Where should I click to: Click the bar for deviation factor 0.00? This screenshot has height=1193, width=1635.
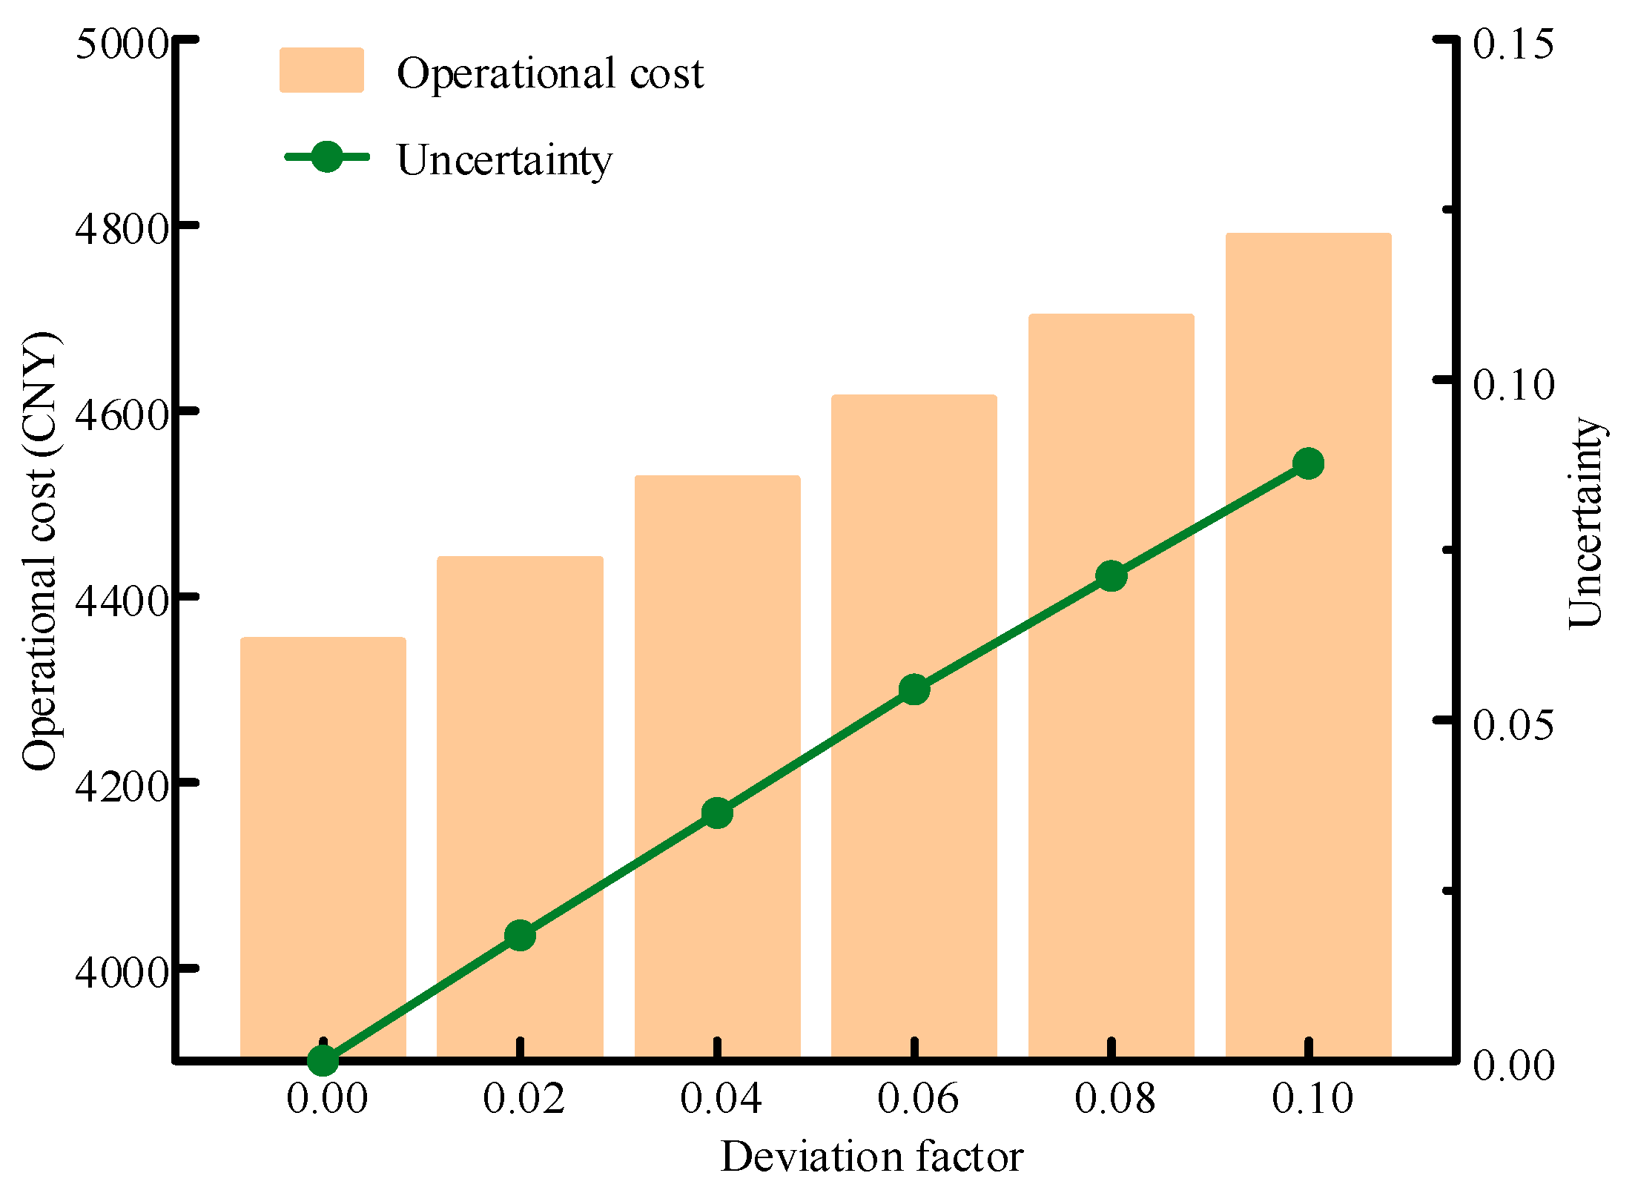323,845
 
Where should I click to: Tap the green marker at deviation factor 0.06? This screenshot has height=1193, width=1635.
914,690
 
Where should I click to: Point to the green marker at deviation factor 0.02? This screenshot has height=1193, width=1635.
520,936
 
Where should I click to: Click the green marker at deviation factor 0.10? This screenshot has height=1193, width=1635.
1308,463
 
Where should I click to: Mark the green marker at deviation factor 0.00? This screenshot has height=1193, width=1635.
323,1060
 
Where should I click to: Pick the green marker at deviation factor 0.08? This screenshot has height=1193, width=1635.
1111,575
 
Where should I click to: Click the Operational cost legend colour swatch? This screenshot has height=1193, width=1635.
321,70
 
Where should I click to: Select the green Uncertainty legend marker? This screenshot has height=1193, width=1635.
326,156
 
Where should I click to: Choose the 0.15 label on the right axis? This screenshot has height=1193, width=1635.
1513,44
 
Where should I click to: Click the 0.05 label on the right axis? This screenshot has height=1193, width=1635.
1513,724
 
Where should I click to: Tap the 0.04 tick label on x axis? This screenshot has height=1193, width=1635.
720,1098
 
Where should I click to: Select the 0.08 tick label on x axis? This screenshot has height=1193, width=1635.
1114,1098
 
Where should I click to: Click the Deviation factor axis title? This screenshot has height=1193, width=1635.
871,1157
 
